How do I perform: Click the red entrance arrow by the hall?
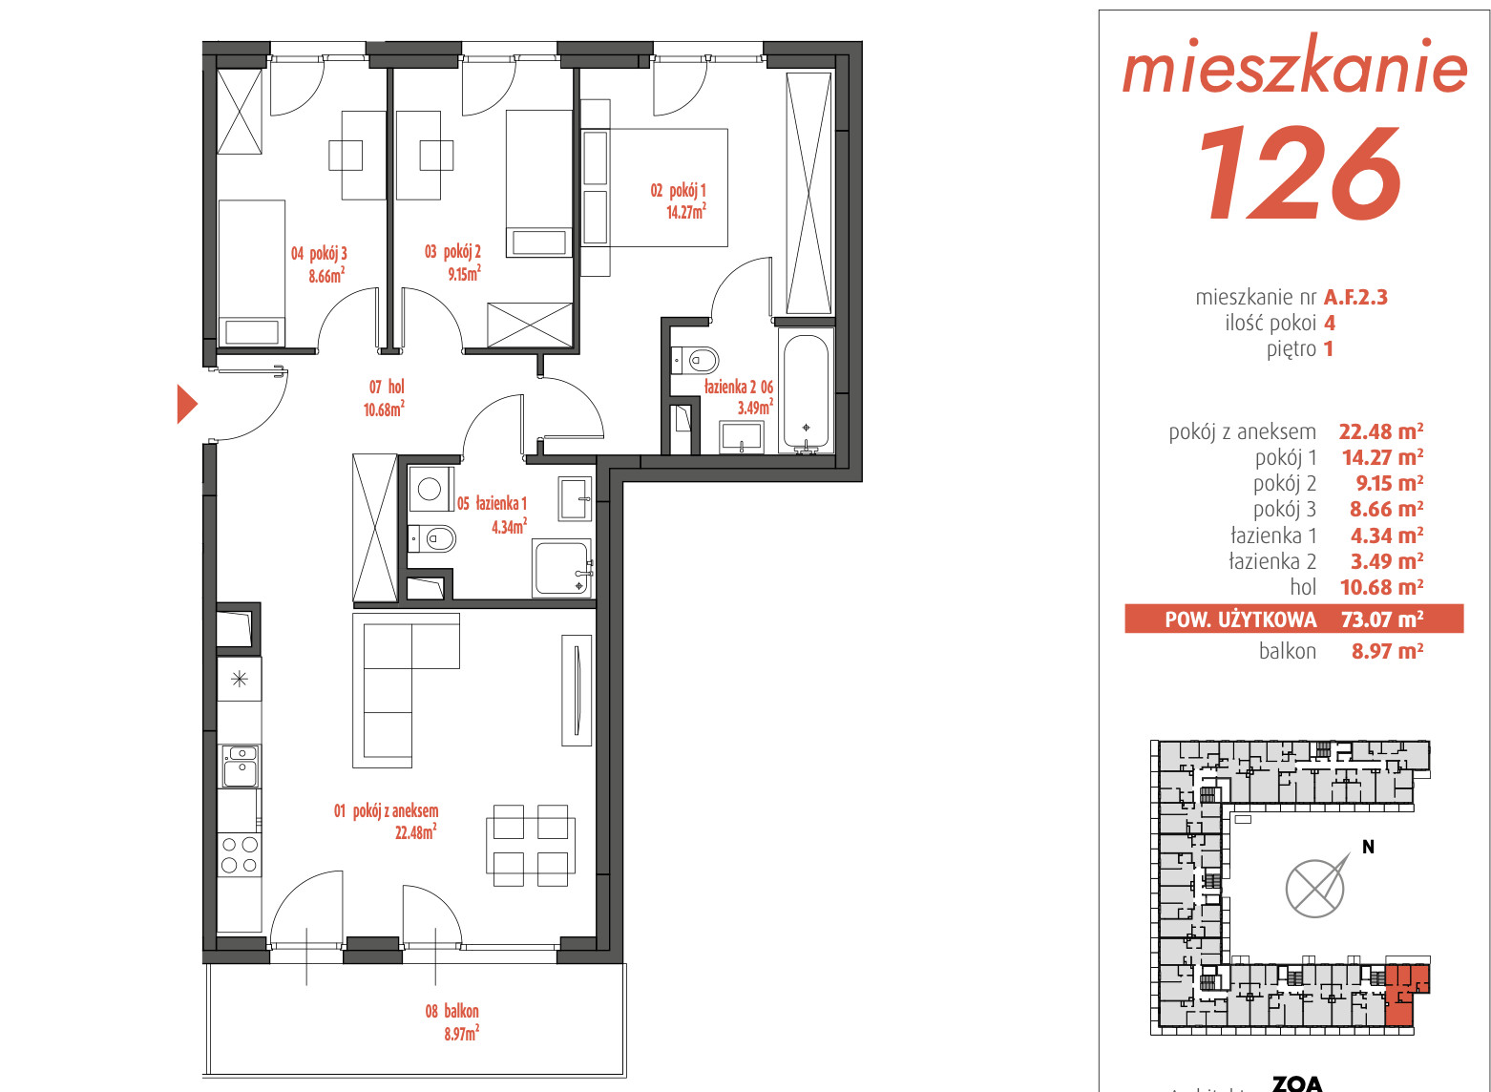(186, 404)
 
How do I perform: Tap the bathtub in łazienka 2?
(806, 390)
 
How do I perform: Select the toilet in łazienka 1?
(432, 538)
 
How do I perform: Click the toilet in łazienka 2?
(695, 361)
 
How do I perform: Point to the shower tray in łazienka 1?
(562, 568)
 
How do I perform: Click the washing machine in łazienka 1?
(430, 489)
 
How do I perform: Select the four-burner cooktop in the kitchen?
(240, 854)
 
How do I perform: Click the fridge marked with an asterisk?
(239, 679)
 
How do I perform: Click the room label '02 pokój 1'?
(678, 191)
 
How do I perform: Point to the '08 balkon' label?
(451, 1011)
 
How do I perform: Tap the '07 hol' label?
(387, 387)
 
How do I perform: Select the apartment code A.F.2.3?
(1355, 297)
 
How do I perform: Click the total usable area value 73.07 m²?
(1382, 619)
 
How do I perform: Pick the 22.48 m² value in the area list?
(1381, 431)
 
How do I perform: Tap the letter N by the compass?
(1369, 847)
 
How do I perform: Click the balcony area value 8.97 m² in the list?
(1387, 651)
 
